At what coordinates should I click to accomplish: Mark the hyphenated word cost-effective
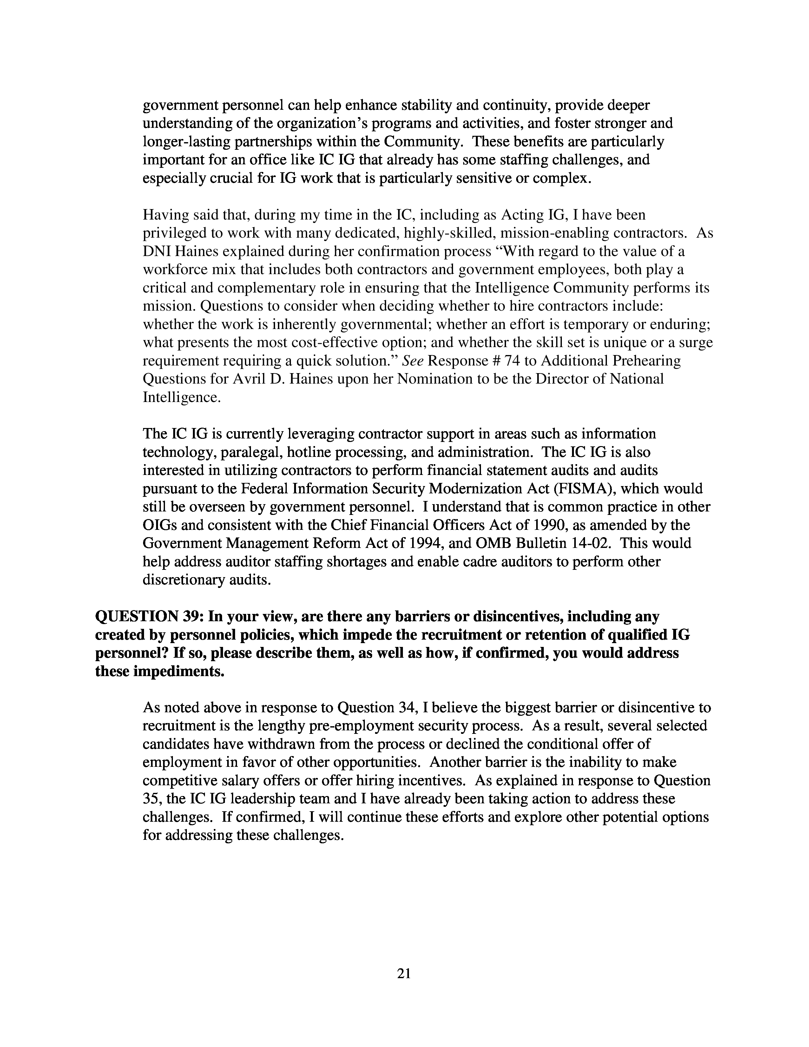click(352, 342)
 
